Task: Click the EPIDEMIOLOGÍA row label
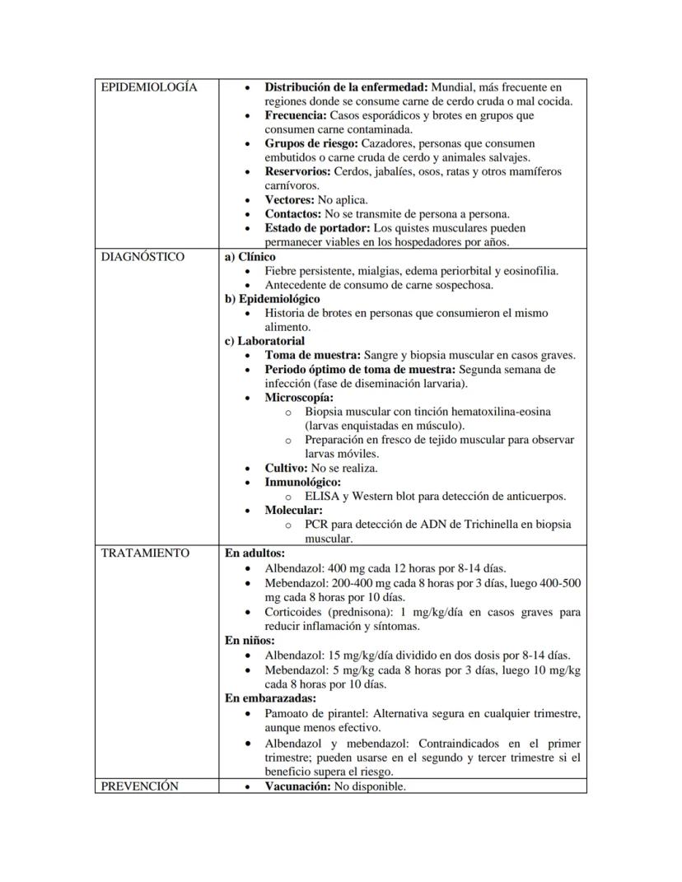[149, 87]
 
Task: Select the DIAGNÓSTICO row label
[142, 257]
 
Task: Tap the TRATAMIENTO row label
[145, 553]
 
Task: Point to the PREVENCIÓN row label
[139, 786]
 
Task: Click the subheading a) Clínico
[250, 257]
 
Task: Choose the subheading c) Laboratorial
[264, 341]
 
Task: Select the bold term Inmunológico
[302, 483]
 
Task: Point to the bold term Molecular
[293, 511]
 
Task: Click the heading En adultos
[255, 553]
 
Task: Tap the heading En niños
[250, 641]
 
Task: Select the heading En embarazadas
[270, 698]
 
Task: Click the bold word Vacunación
[297, 786]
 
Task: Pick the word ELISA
[320, 497]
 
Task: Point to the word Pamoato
[287, 713]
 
